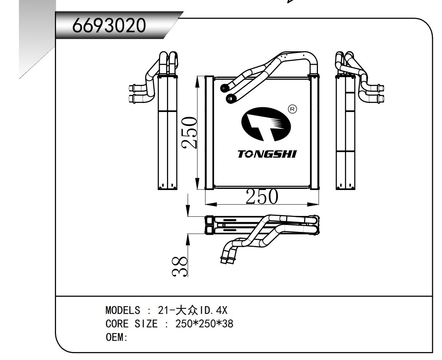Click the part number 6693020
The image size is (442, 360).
click(x=109, y=25)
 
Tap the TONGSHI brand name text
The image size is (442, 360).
click(x=267, y=154)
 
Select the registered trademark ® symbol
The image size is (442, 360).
click(x=292, y=109)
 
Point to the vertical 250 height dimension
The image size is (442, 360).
click(x=190, y=132)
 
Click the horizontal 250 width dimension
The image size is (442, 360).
click(x=262, y=197)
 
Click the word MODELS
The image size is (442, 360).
click(x=123, y=310)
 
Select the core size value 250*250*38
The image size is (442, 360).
click(x=204, y=324)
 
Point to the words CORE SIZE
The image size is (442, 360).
click(x=132, y=324)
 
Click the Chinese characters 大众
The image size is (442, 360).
click(x=186, y=310)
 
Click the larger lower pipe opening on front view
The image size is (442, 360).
click(x=230, y=98)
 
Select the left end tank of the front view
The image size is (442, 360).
click(x=209, y=132)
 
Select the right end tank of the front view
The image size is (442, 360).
click(x=314, y=132)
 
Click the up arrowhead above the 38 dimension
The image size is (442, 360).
click(x=188, y=239)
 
